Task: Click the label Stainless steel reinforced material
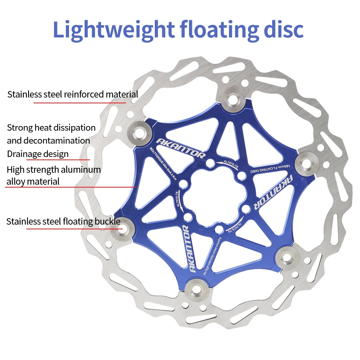pyautogui.click(x=72, y=95)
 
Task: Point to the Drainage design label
pyautogui.click(x=37, y=154)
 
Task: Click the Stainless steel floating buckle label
pyautogui.click(x=63, y=221)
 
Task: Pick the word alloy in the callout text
pyautogui.click(x=15, y=181)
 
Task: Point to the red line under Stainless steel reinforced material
pyautogui.click(x=80, y=103)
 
